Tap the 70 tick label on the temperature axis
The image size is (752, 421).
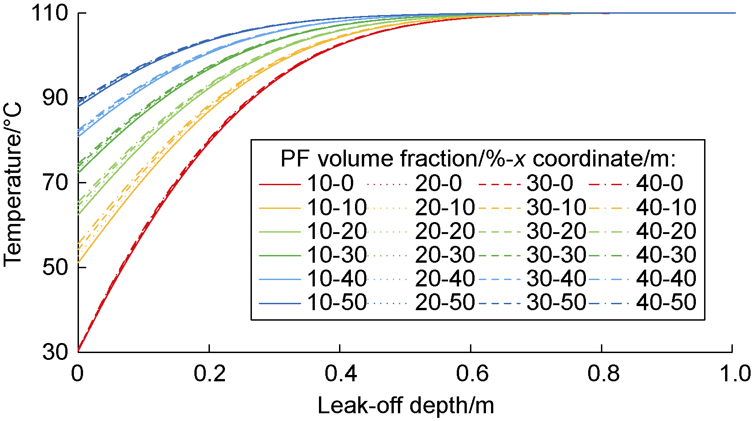pyautogui.click(x=55, y=182)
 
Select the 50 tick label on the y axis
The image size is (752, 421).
pyautogui.click(x=55, y=267)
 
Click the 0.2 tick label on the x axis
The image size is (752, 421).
pyautogui.click(x=209, y=373)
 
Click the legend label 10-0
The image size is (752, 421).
pyautogui.click(x=330, y=183)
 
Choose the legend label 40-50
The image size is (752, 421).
pyautogui.click(x=666, y=302)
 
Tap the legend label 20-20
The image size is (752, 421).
pyautogui.click(x=445, y=231)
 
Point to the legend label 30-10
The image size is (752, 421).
pyautogui.click(x=556, y=208)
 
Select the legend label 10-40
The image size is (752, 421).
pyautogui.click(x=337, y=278)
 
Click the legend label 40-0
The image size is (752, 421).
pyautogui.click(x=660, y=183)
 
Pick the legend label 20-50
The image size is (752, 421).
pyautogui.click(x=445, y=302)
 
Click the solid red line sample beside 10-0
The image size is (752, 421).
pyautogui.click(x=280, y=184)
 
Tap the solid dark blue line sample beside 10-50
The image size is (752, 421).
pyautogui.click(x=280, y=303)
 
